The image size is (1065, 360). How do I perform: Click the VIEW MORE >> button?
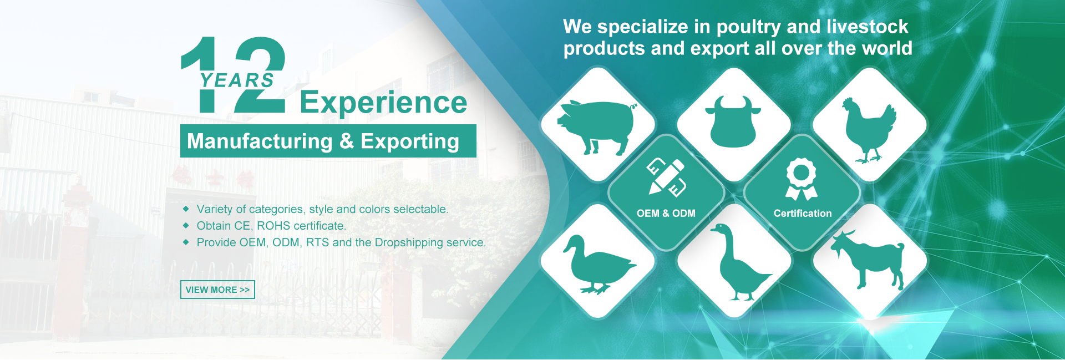[x=217, y=290]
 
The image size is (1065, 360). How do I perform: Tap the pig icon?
[x=597, y=126]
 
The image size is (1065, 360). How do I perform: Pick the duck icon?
[x=599, y=264]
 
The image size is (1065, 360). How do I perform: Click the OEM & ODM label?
[x=666, y=214]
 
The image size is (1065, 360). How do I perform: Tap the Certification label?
[x=803, y=214]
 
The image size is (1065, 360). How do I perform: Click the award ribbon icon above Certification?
[x=802, y=179]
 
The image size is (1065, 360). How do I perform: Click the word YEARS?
[x=237, y=80]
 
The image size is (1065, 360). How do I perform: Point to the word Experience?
[x=383, y=103]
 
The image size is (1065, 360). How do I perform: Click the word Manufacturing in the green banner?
[x=260, y=141]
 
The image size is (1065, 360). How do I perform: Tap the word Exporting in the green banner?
[x=410, y=141]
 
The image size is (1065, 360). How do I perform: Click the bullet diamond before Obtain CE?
[x=186, y=226]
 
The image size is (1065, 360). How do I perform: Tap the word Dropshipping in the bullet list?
[x=409, y=243]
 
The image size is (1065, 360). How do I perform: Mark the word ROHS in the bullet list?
[x=273, y=226]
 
